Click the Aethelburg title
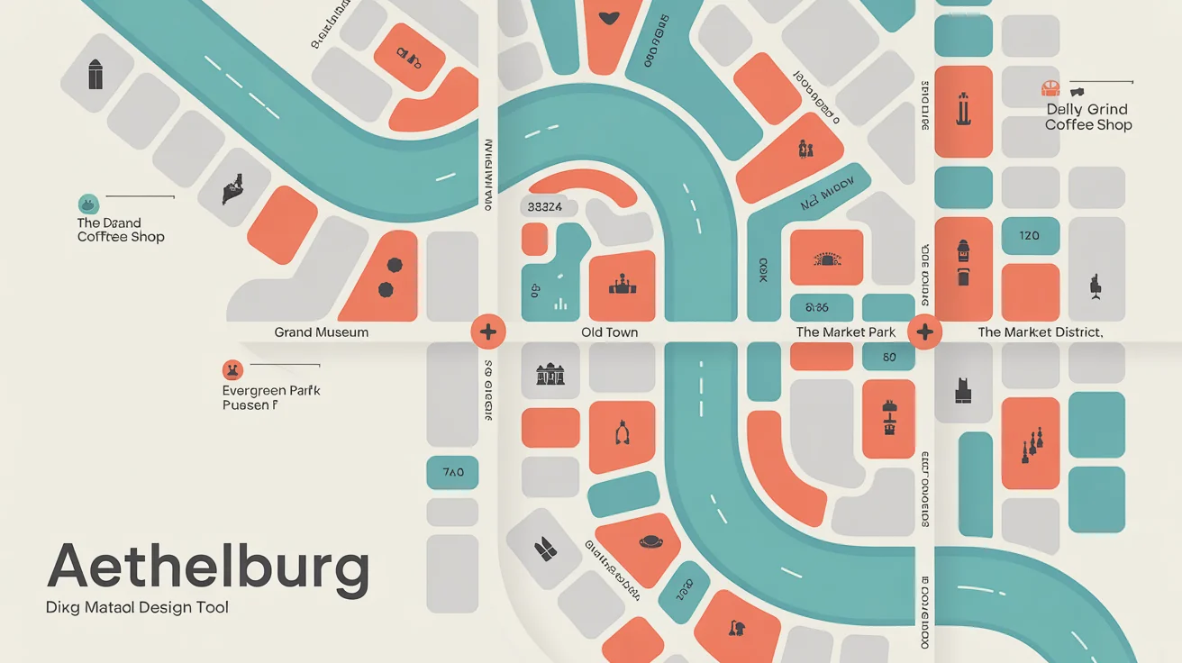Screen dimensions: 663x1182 (208, 568)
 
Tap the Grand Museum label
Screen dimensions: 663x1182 (322, 332)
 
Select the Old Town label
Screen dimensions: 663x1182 (610, 332)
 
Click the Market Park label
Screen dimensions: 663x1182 (846, 332)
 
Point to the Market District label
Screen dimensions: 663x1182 (1040, 332)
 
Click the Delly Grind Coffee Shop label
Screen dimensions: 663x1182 (1088, 117)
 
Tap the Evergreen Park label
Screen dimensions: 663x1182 (271, 398)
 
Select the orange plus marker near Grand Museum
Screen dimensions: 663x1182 (487, 331)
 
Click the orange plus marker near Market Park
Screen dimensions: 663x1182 (924, 331)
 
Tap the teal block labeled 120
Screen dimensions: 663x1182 (1030, 236)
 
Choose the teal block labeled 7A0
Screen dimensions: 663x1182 (452, 472)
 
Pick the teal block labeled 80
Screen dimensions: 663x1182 (889, 357)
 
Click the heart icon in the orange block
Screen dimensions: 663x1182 (610, 17)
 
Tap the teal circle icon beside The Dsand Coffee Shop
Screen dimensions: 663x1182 (88, 204)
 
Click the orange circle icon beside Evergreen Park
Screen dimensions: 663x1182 (232, 369)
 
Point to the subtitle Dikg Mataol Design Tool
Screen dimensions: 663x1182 (137, 607)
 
